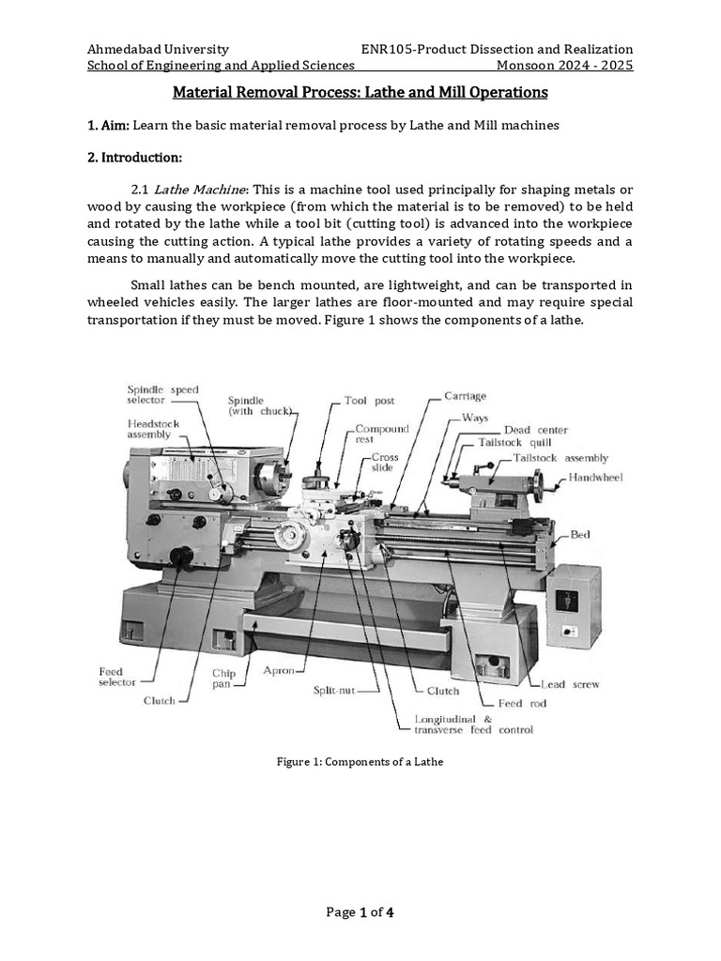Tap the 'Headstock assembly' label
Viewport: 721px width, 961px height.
pos(153,429)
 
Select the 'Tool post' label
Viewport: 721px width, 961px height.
pos(369,400)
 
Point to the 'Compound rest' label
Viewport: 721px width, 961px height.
pos(382,434)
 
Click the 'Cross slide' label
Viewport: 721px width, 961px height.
pos(385,462)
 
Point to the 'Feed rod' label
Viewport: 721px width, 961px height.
pos(524,703)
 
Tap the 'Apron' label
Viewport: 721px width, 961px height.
pos(279,671)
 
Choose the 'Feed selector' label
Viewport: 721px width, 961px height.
pos(116,678)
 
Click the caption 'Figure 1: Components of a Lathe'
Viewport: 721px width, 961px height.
pos(360,762)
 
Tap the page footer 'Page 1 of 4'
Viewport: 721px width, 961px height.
pos(360,912)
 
